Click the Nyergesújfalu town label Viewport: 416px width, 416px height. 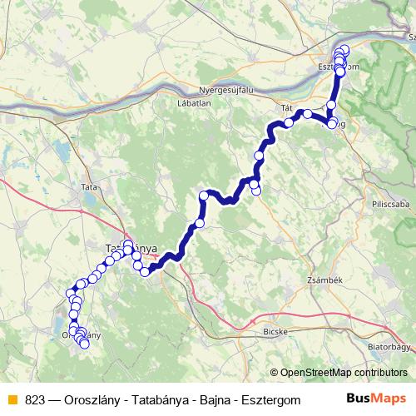228,90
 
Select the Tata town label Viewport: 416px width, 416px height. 89,188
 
